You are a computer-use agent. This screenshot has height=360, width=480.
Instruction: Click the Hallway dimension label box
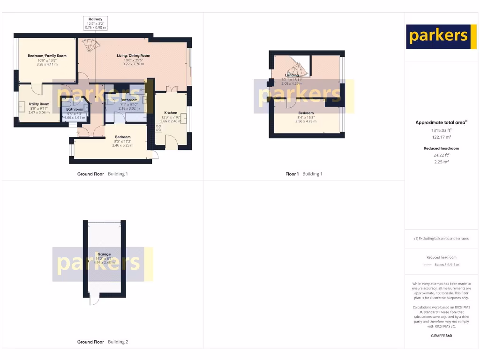[95, 23]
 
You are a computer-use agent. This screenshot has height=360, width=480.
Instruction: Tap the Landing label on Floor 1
[292, 75]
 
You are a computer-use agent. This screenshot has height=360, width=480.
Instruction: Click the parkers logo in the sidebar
[438, 37]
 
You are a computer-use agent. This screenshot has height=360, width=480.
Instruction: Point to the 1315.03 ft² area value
[441, 130]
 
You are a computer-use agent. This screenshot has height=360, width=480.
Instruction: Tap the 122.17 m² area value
[441, 137]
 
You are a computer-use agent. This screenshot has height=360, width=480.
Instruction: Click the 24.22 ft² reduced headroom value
[441, 155]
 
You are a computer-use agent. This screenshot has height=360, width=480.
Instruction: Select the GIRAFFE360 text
[441, 336]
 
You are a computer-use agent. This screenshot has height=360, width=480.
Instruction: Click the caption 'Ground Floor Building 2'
[103, 342]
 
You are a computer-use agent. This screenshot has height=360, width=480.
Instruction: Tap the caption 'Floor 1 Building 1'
[304, 174]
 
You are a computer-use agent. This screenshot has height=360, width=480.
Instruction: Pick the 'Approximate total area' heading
[441, 122]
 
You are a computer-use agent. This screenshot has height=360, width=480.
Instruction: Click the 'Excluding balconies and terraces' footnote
[441, 239]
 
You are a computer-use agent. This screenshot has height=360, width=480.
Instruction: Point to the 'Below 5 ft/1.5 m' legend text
[447, 265]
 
